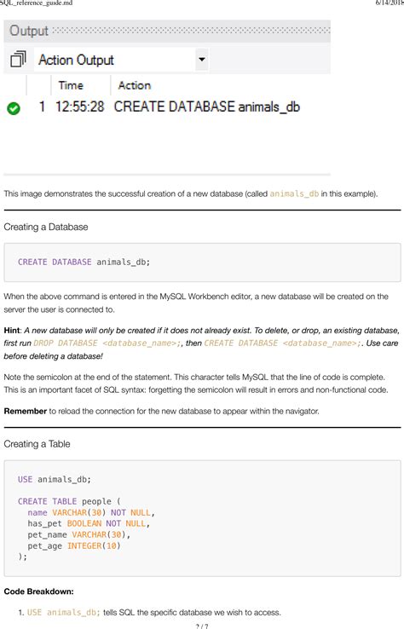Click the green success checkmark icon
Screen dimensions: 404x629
pyautogui.click(x=13, y=109)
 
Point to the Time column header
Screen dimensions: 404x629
pyautogui.click(x=70, y=85)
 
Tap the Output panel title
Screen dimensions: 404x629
pyautogui.click(x=28, y=32)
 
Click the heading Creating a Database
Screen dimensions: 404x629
pyautogui.click(x=46, y=228)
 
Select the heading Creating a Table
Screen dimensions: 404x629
pyautogui.click(x=37, y=444)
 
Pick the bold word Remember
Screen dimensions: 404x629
pyautogui.click(x=26, y=412)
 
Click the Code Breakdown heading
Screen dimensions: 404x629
pyautogui.click(x=39, y=591)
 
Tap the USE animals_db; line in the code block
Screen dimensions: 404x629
pyautogui.click(x=54, y=479)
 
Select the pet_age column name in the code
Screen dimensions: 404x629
pyautogui.click(x=44, y=545)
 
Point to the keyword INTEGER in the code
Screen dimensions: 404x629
pyautogui.click(x=84, y=545)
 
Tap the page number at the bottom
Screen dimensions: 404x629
pyautogui.click(x=201, y=624)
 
